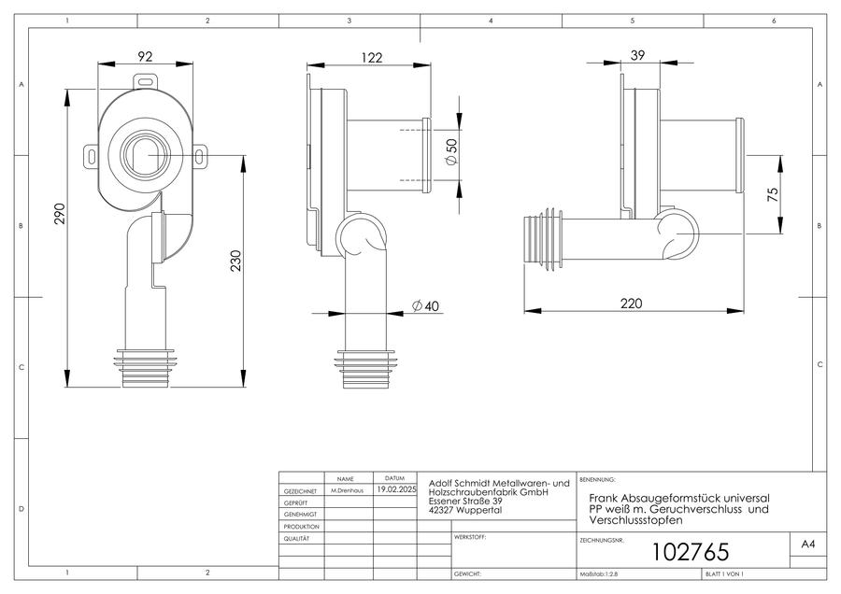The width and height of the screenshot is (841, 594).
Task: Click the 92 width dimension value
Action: click(145, 56)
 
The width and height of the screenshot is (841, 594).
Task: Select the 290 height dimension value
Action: click(60, 213)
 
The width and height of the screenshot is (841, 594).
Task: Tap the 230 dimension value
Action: click(236, 261)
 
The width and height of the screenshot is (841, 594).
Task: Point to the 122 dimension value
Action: click(372, 57)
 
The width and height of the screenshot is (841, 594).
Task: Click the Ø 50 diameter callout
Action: click(451, 151)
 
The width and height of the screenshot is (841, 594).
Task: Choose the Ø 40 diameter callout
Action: click(425, 305)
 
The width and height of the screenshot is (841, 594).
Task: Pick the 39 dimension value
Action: click(637, 55)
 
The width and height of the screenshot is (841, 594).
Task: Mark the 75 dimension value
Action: click(773, 194)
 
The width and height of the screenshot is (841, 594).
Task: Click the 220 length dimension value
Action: click(632, 304)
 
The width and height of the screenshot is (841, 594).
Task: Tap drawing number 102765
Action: click(691, 552)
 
